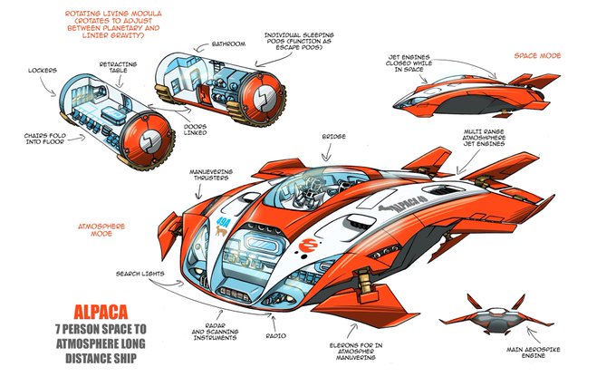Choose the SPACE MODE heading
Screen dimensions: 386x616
pos(538,55)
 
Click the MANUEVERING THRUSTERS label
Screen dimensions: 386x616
pos(215,174)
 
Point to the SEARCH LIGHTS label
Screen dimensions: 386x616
pos(138,274)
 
